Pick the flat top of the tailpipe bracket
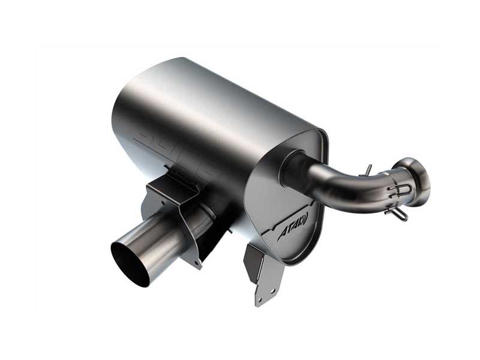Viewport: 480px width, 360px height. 171,180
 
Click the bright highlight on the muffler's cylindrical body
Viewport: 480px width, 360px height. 174,90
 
